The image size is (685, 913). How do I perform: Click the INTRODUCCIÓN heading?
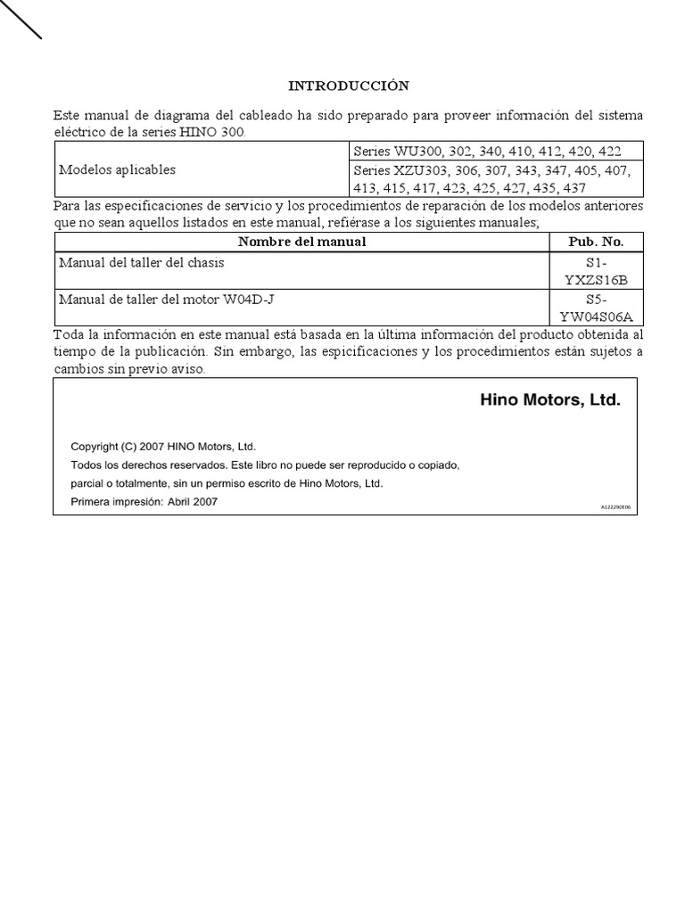[x=348, y=86]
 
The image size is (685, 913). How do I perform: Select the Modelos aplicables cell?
[x=118, y=169]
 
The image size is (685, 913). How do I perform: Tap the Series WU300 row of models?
[x=487, y=152]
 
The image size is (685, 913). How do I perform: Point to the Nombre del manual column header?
[x=302, y=242]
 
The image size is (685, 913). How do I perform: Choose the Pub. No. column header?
[x=596, y=242]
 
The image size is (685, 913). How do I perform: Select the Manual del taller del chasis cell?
[x=142, y=263]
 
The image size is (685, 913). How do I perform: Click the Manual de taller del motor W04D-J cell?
[x=167, y=299]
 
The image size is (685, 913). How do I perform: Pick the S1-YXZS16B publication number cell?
[x=596, y=271]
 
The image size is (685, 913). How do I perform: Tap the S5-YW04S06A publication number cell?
[x=596, y=308]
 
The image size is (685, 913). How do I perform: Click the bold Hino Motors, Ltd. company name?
[x=549, y=401]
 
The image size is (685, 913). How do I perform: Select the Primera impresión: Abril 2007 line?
[x=144, y=502]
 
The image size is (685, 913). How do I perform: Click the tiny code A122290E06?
[x=615, y=506]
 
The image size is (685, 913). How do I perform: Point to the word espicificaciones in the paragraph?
[x=370, y=351]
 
